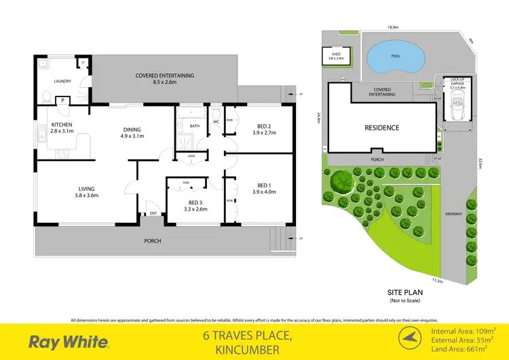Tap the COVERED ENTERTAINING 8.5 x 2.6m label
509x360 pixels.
click(164, 79)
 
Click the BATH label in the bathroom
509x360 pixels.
click(195, 126)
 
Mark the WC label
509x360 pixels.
click(216, 122)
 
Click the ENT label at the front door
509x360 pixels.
click(153, 214)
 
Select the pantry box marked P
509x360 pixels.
click(63, 100)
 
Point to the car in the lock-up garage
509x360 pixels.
click(453, 108)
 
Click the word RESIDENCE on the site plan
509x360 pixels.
click(382, 127)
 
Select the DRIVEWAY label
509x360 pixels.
click(454, 214)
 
